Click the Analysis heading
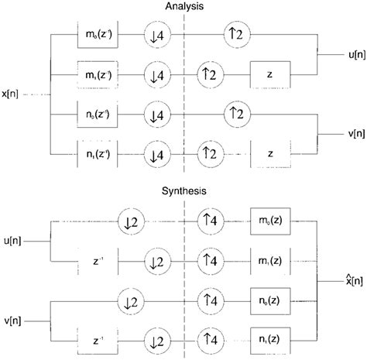[x=183, y=6]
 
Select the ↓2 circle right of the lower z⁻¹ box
[x=159, y=338]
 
